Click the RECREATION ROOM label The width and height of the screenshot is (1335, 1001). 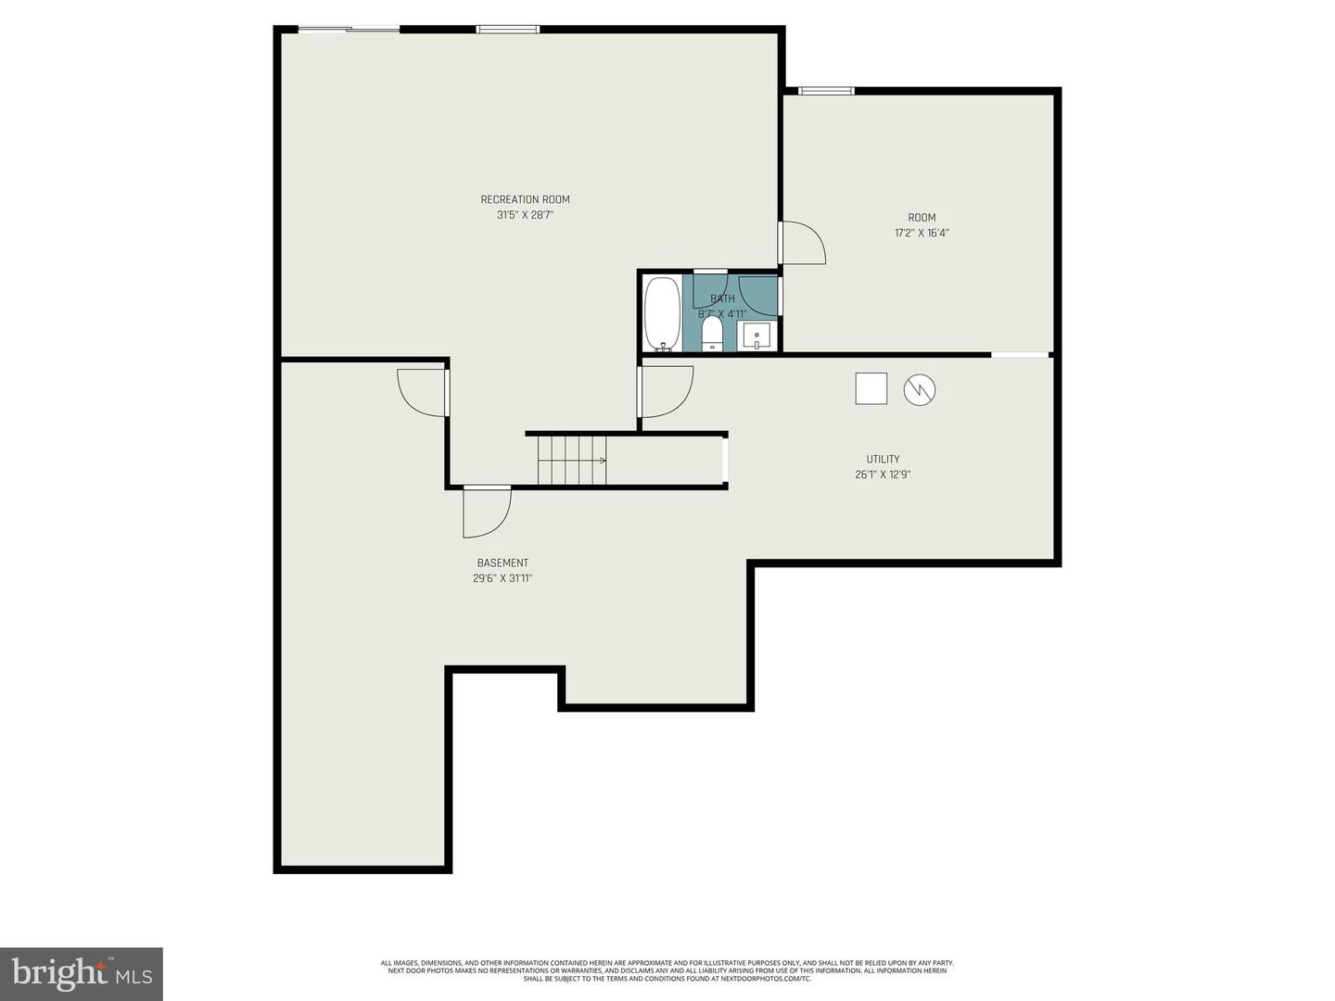tap(525, 199)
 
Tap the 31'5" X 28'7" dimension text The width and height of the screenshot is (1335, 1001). tap(525, 215)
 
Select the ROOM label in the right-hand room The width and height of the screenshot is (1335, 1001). tap(922, 218)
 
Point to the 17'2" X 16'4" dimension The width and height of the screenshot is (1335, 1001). tap(922, 234)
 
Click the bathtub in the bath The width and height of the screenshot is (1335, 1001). tap(662, 314)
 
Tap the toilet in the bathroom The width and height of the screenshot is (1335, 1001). tap(712, 334)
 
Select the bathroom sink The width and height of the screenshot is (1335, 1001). tap(756, 336)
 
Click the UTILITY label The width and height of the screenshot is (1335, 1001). tap(883, 459)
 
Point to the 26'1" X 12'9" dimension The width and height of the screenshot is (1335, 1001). tap(883, 475)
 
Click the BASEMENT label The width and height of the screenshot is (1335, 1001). tap(502, 563)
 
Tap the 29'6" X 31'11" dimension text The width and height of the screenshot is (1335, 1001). tap(502, 578)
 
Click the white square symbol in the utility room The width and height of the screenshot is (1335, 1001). tap(871, 388)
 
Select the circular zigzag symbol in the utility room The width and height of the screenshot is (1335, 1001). tap(920, 389)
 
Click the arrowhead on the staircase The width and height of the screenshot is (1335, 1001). tap(603, 460)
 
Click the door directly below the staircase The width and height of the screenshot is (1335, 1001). tap(487, 512)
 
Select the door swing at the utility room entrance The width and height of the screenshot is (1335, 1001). tap(665, 391)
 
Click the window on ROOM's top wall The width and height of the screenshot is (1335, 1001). tap(826, 91)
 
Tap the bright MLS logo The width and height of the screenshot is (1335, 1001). tap(82, 974)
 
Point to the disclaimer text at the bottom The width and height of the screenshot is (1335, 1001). tap(667, 970)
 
